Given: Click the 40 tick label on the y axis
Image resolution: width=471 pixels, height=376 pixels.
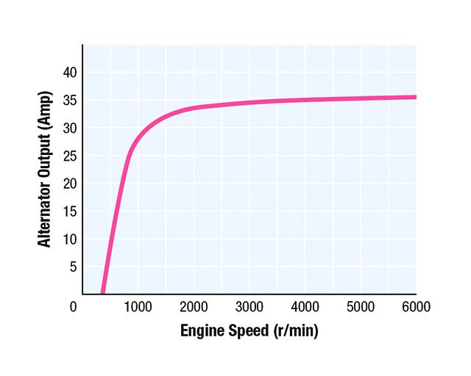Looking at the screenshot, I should pos(70,73).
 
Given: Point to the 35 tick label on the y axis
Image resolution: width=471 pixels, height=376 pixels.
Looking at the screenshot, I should pos(70,101).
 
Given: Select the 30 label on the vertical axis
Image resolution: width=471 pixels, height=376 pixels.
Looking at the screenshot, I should pos(70,129).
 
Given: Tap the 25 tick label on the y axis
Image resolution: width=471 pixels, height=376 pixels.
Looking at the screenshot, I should pos(70,156).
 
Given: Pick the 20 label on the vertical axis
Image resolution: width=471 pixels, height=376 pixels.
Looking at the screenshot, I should pos(70,184).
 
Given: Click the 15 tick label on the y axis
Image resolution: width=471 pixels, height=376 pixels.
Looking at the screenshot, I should pos(70,211).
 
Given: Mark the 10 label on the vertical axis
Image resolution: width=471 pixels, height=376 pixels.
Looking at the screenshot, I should pos(70,239).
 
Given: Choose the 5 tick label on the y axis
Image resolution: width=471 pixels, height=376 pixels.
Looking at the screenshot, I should pos(73,267).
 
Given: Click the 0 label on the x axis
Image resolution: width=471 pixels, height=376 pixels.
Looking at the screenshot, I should pos(74,306).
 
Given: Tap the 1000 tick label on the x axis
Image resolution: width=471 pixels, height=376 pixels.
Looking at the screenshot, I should pos(138,306).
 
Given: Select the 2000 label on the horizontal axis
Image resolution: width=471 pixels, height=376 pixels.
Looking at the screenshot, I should pos(194,306).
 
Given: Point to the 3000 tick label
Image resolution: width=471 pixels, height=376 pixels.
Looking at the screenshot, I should pos(249,306).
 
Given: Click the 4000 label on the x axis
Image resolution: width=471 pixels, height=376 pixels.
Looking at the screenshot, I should pos(305,306).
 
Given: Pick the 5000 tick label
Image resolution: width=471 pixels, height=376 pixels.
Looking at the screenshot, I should pos(361,306).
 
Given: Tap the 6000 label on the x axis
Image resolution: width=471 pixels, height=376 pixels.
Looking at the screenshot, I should pos(415,306).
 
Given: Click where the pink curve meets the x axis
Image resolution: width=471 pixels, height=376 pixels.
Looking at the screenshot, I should pos(102,292).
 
